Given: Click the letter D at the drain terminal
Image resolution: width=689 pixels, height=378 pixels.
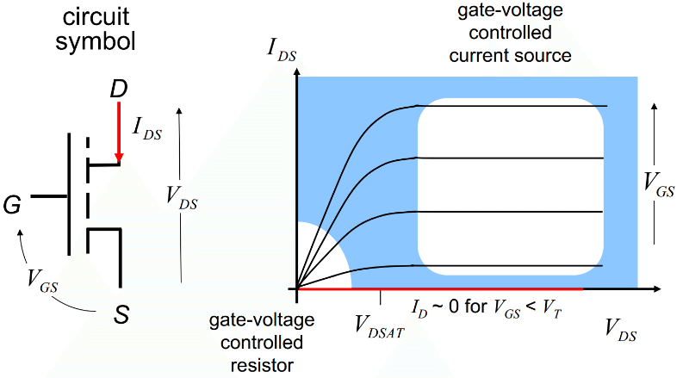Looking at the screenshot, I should (x=120, y=89).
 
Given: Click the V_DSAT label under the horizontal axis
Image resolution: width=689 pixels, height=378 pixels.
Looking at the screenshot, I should (x=380, y=325).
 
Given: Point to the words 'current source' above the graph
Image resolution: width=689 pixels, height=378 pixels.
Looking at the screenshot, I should (x=516, y=57).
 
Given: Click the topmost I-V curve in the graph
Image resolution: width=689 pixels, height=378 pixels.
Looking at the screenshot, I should (x=517, y=106).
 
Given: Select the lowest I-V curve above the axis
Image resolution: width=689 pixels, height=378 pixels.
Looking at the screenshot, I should (x=517, y=265).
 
